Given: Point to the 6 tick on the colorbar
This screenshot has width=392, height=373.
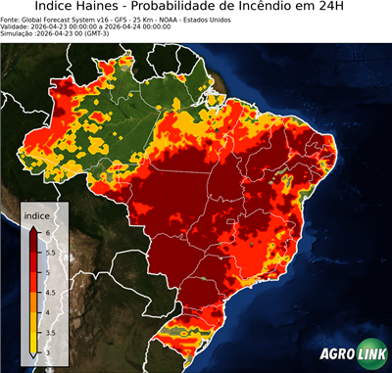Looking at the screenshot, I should (x=48, y=231).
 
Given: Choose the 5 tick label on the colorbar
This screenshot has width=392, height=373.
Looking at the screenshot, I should (x=48, y=271).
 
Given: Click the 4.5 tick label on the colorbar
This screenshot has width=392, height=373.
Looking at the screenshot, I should (x=51, y=292).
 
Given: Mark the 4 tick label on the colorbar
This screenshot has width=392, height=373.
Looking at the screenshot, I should (x=48, y=312).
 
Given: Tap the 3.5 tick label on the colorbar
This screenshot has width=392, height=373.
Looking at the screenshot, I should (x=51, y=333).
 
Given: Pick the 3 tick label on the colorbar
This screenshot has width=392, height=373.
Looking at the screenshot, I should (x=48, y=352).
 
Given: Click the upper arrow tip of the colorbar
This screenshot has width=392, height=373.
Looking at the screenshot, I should (x=32, y=226).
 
